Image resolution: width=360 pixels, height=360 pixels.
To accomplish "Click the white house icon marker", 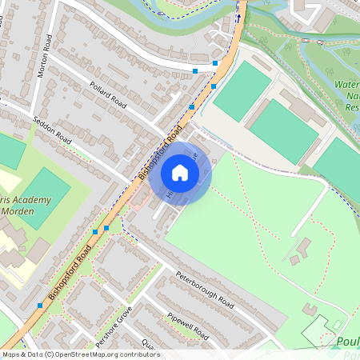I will click(x=180, y=173).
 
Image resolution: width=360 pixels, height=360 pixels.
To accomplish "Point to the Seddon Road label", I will click(x=53, y=127).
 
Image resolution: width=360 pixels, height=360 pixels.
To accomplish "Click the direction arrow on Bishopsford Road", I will click(x=238, y=18).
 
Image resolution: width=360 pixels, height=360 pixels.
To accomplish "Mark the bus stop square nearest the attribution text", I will click(x=40, y=306).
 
